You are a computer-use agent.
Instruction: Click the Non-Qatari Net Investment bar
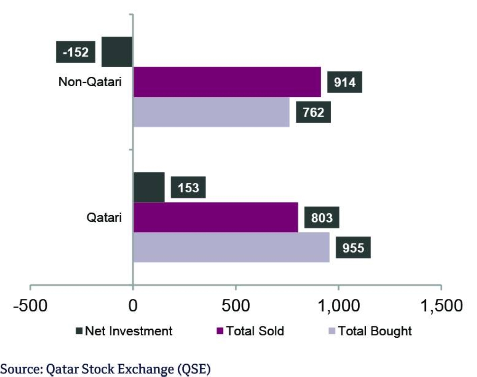click(x=117, y=52)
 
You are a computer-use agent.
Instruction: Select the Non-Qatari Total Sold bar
click(x=227, y=82)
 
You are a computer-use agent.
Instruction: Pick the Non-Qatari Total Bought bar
click(x=211, y=112)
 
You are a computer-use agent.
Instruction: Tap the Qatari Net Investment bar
click(x=149, y=187)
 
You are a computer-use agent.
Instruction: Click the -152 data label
click(x=76, y=52)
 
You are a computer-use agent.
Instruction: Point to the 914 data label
click(x=344, y=82)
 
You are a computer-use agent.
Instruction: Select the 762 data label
click(x=313, y=112)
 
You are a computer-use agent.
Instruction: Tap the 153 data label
click(x=188, y=187)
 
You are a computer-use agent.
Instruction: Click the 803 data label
click(x=322, y=217)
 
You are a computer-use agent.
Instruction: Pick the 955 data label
click(x=353, y=247)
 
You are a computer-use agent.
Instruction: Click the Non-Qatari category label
click(x=90, y=82)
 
